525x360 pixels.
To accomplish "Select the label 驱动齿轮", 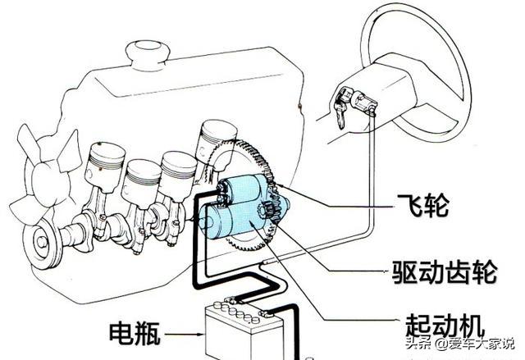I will coord(444,267).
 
